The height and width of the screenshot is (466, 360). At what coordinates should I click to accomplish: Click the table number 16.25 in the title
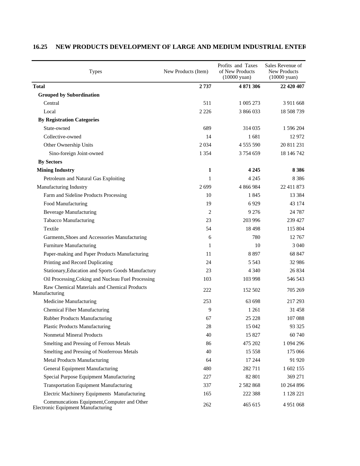point(40,47)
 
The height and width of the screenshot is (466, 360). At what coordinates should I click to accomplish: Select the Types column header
point(95,71)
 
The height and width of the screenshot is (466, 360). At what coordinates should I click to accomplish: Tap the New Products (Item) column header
point(186,71)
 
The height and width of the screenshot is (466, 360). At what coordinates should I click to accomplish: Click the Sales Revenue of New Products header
point(283,71)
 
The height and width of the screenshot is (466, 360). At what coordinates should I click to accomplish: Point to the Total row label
point(39,86)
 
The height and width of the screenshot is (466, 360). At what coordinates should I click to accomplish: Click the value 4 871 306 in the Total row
point(249,86)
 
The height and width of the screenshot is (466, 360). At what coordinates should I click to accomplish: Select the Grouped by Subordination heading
point(69,95)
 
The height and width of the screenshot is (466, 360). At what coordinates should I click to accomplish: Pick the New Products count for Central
point(207,103)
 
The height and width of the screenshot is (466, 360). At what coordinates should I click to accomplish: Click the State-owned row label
point(57,128)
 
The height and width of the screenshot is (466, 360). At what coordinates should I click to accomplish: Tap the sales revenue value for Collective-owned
point(297,137)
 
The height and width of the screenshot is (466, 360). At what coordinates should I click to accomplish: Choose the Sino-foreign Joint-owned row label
point(76,153)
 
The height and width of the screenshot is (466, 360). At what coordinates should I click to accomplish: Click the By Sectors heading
point(50,162)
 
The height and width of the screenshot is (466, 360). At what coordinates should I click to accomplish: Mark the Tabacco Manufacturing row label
point(69,220)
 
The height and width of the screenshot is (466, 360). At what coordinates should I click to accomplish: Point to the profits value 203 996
point(251,220)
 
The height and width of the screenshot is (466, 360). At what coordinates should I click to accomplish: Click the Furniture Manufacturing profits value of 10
point(257,245)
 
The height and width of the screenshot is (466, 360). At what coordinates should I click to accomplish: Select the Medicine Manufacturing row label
point(70,301)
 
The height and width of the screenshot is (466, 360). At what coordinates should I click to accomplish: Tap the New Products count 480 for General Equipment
point(207,369)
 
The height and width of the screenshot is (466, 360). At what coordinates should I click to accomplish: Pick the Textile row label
point(51,229)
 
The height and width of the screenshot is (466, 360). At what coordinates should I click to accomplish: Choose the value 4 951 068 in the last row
point(293,405)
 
